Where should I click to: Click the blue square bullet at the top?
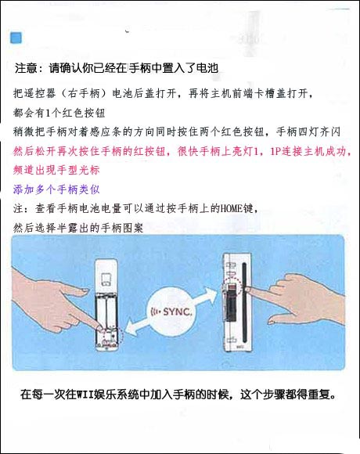(16, 38)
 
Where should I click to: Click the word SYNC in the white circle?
(177, 312)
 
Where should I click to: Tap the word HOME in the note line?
(232, 208)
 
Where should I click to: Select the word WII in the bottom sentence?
(85, 395)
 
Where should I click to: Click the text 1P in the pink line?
(275, 151)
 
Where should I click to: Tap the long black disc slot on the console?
(244, 303)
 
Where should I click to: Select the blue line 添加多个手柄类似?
(56, 189)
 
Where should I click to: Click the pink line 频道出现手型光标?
(56, 171)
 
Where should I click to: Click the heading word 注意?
(26, 68)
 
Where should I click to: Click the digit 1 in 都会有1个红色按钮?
(49, 113)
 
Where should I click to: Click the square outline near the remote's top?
(106, 279)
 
